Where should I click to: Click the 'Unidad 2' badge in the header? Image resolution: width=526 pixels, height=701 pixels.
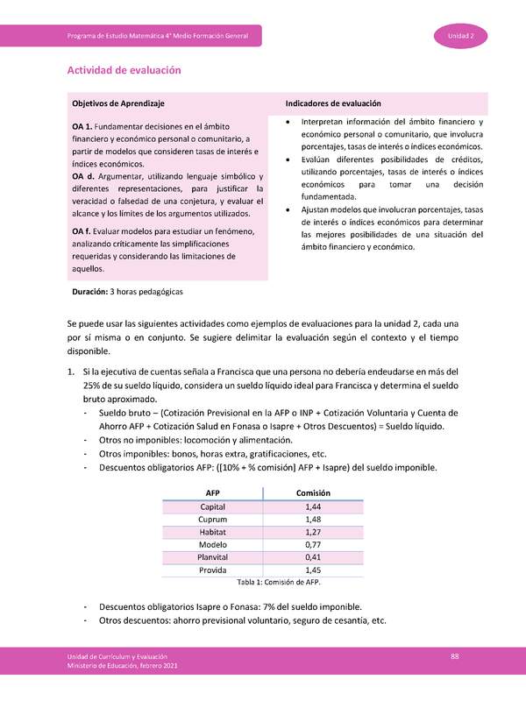click(461, 36)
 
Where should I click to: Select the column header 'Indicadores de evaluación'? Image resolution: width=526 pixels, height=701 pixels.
click(333, 103)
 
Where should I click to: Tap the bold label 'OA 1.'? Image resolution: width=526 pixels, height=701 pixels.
click(82, 128)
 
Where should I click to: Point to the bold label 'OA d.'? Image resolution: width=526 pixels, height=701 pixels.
click(83, 177)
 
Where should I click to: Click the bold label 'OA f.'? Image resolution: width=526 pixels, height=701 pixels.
click(82, 230)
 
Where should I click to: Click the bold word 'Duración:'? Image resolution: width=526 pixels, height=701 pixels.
click(89, 290)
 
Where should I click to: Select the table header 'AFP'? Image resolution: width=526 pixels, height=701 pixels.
click(212, 493)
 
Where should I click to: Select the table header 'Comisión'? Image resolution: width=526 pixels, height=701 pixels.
click(312, 493)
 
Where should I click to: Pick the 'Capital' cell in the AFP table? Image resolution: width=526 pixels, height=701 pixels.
click(212, 507)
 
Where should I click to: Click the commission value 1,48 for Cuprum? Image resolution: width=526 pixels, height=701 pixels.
click(312, 520)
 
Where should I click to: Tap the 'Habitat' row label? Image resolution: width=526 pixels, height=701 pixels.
click(212, 532)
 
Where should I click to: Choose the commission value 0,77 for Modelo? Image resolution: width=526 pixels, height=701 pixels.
click(312, 544)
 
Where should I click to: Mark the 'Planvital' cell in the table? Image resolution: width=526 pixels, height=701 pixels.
click(212, 556)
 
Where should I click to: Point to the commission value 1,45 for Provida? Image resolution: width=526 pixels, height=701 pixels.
click(312, 570)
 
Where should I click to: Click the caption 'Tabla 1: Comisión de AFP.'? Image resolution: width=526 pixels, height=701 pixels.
click(262, 582)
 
